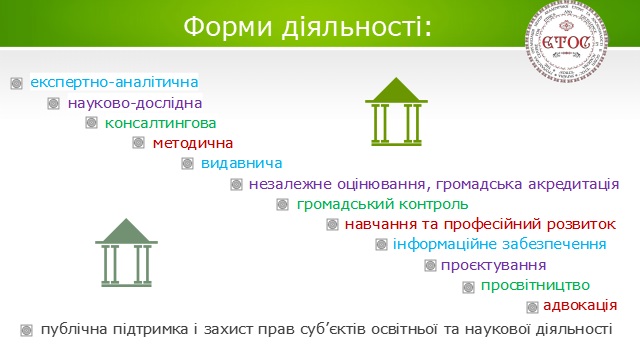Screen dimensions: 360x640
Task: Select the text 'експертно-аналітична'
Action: coord(114,81)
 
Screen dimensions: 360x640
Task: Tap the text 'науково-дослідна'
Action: coord(135,102)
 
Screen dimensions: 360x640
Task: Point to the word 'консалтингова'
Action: coord(161,123)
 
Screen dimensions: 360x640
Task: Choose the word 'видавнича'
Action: coord(241,163)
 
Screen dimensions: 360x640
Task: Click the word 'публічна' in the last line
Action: coord(67,328)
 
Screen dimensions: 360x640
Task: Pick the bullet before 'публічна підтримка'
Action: coord(25,329)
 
